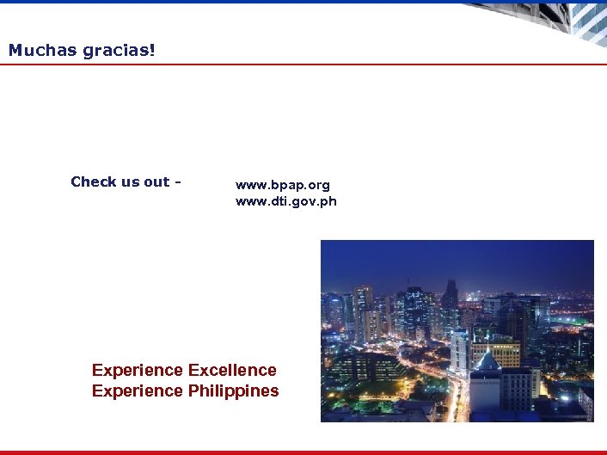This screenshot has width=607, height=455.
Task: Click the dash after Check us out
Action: [x=178, y=181]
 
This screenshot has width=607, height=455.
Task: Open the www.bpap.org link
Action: [x=282, y=185]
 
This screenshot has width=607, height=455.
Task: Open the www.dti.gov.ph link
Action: [x=286, y=201]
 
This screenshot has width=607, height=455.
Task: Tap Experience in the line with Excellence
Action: [x=137, y=370]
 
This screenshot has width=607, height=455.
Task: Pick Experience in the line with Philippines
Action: [x=137, y=390]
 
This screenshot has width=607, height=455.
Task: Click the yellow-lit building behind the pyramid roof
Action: [x=496, y=350]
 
